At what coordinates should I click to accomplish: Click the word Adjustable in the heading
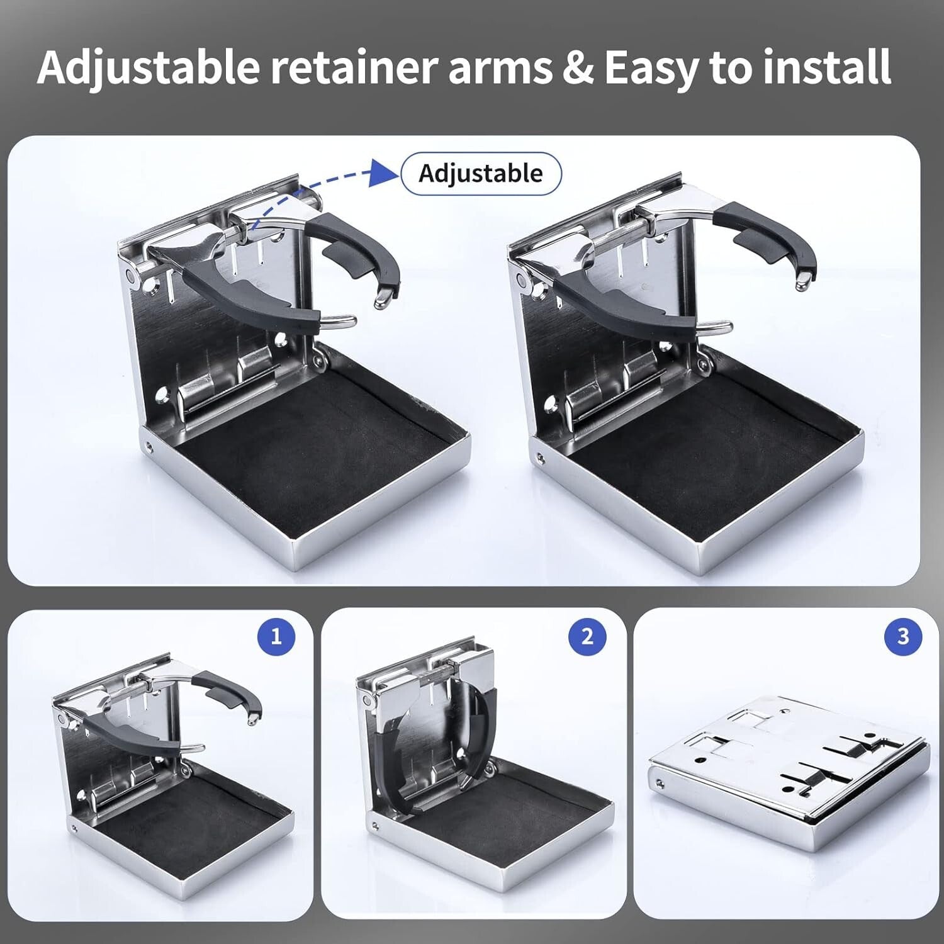click(x=149, y=67)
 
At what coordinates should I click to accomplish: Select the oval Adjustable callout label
click(x=481, y=173)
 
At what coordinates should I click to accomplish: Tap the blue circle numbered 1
click(x=276, y=637)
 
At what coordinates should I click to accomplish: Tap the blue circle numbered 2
click(x=587, y=636)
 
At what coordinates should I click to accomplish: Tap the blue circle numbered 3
click(x=902, y=636)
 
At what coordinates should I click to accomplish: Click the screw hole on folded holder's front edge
click(x=660, y=784)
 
